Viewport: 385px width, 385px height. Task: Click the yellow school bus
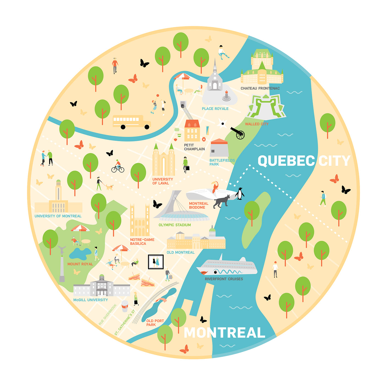(x=131, y=122)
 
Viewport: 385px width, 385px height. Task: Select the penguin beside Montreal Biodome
(x=240, y=193)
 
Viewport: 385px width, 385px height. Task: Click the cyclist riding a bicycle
(x=118, y=166)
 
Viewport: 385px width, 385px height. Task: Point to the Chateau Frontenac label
(x=260, y=88)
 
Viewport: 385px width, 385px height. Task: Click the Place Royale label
(x=215, y=109)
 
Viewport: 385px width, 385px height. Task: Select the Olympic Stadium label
(x=175, y=225)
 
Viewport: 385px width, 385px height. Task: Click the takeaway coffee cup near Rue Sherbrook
(x=125, y=306)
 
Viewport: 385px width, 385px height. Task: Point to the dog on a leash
(x=109, y=187)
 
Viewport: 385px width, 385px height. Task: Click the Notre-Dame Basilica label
(x=142, y=242)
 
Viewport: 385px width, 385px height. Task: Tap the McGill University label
(x=90, y=300)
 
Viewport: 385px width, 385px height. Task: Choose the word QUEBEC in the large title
(x=286, y=161)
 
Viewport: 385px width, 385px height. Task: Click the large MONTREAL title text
(x=224, y=333)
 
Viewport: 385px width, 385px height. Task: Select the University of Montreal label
(x=58, y=216)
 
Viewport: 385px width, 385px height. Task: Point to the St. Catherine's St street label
(x=125, y=322)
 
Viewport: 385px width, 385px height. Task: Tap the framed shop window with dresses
(x=156, y=262)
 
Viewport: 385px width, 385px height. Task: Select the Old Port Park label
(x=155, y=323)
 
